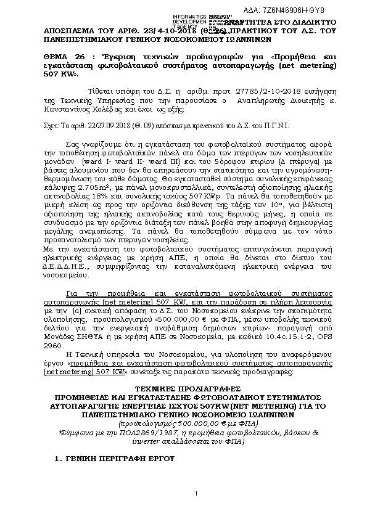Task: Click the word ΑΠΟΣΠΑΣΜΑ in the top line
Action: tap(65, 30)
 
